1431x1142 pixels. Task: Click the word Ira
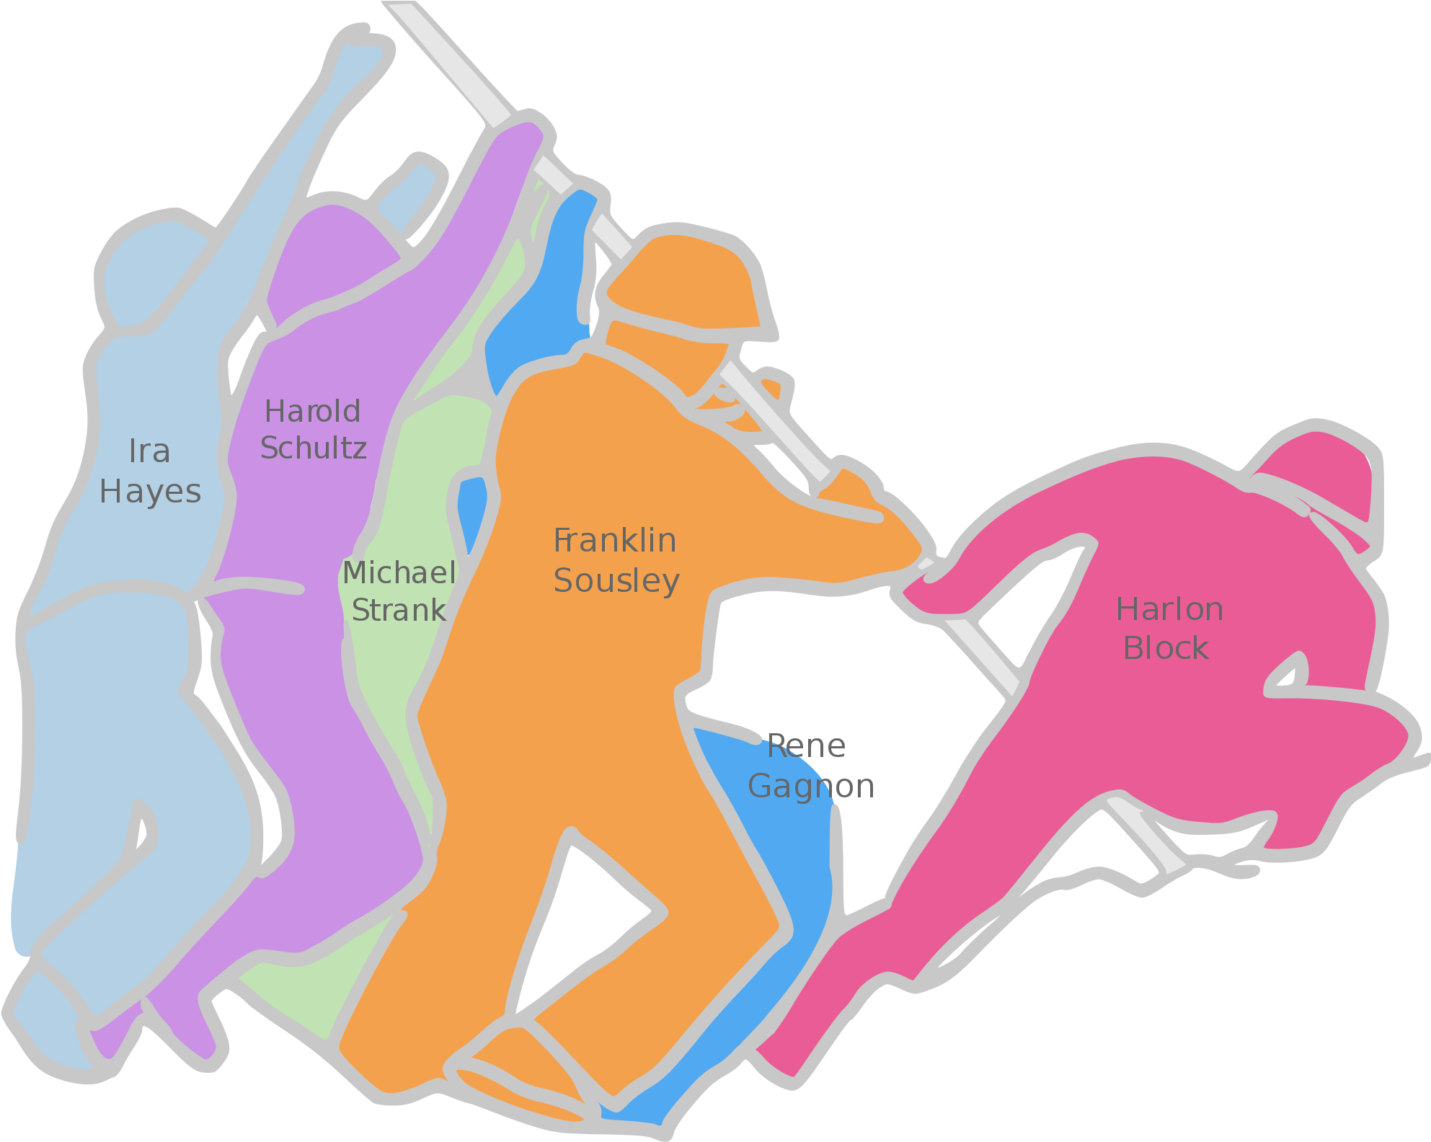(x=149, y=451)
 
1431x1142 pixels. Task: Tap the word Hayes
(x=150, y=492)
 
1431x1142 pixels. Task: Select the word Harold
(x=312, y=412)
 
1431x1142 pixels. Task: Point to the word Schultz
(x=313, y=448)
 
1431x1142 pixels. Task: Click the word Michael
(x=399, y=573)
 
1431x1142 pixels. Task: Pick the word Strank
(x=399, y=611)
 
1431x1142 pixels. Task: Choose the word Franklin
(x=615, y=541)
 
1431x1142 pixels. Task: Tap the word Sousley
(x=616, y=581)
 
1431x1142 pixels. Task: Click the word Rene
(x=806, y=746)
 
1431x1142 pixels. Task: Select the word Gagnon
(x=811, y=787)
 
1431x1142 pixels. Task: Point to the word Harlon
(x=1169, y=610)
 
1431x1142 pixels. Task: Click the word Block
(x=1166, y=648)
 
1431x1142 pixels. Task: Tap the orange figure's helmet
(x=685, y=285)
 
